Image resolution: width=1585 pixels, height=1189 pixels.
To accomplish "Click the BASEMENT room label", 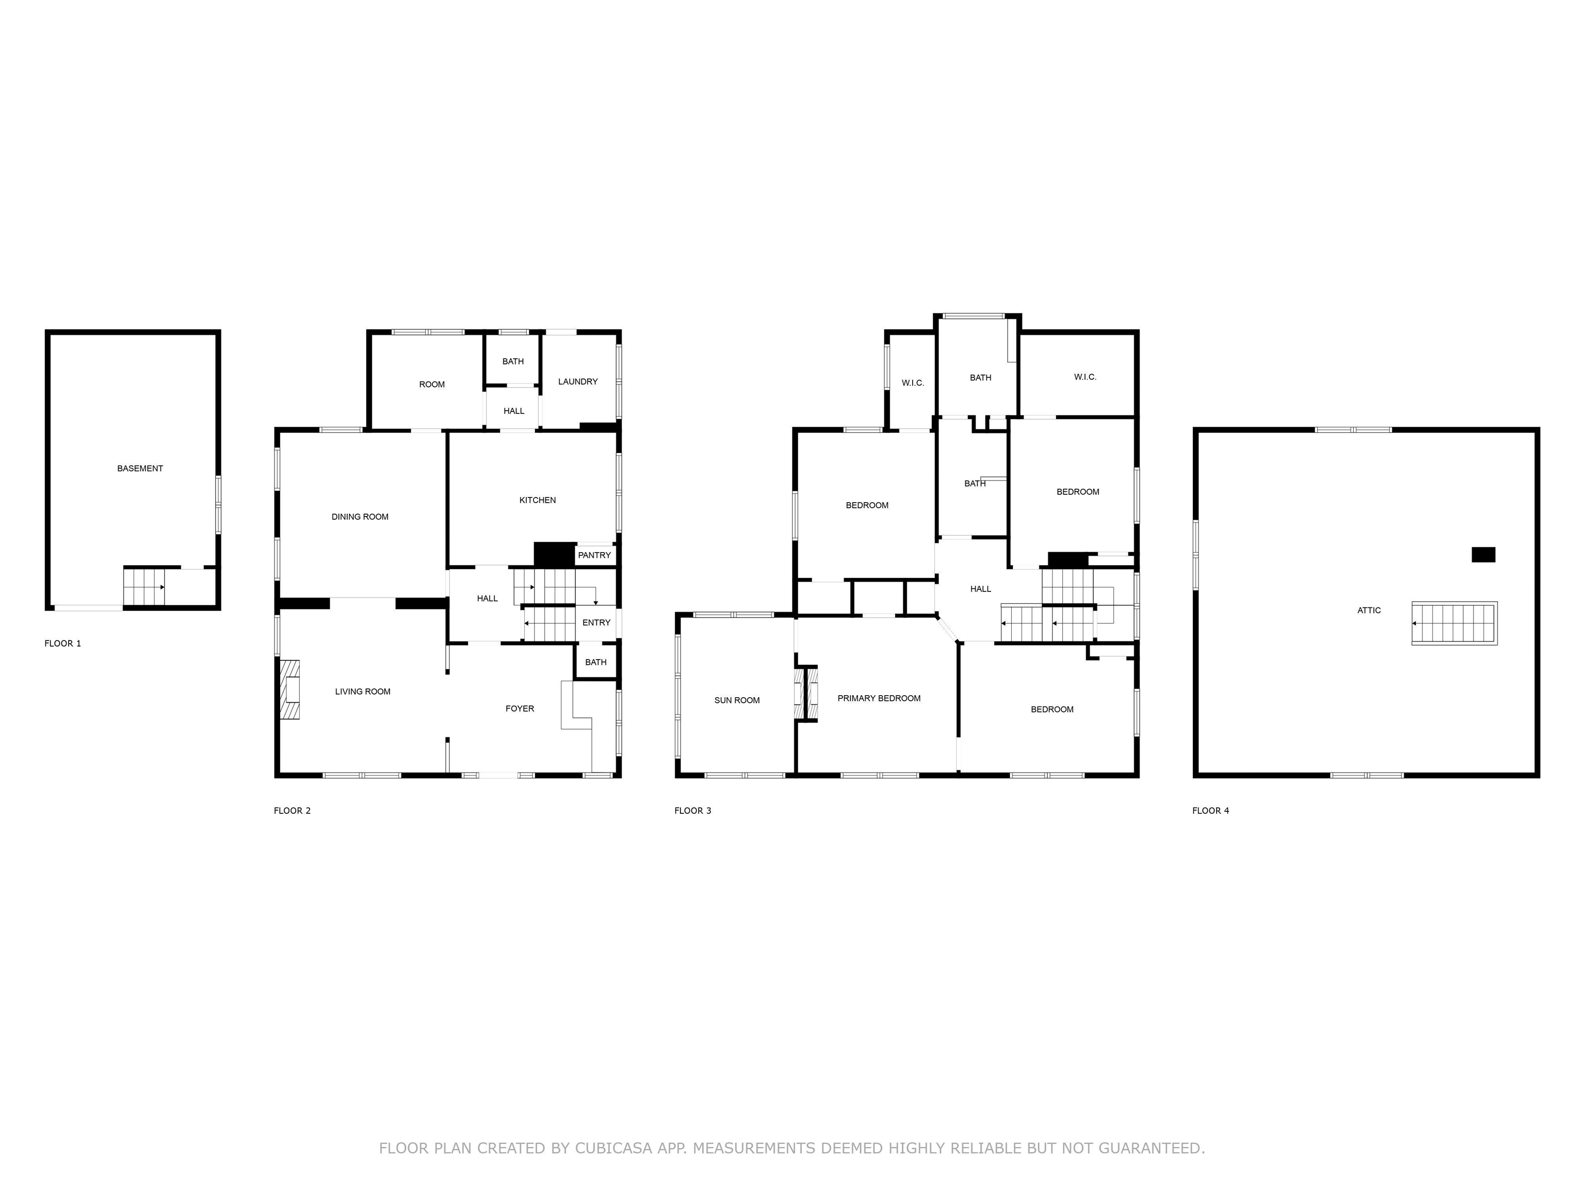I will [140, 469].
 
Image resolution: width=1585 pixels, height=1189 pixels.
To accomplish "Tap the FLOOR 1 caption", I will [62, 644].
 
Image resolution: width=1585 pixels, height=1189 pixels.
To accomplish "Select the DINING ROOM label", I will [360, 517].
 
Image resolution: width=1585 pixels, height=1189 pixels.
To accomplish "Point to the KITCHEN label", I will [538, 500].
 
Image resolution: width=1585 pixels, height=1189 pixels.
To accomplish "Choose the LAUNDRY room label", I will [577, 382].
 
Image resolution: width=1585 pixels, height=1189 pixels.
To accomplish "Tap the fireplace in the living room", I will [290, 689].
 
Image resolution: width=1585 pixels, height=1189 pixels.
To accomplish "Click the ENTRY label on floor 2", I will [596, 623].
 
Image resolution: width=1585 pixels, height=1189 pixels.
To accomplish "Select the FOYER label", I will [520, 709].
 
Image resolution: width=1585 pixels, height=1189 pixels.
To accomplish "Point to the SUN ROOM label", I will [737, 700].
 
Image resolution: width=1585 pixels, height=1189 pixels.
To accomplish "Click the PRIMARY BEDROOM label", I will [879, 698].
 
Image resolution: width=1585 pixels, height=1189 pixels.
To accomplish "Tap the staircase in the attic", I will [1454, 623].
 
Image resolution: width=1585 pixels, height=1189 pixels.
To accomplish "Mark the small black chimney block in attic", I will [1483, 555].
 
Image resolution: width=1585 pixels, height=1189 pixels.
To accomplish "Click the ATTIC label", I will [1369, 610].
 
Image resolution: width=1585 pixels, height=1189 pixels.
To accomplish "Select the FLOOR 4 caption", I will [1210, 811].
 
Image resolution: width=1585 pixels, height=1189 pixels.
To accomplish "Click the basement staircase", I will [144, 587].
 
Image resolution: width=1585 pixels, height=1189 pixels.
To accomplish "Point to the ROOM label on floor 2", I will [431, 385].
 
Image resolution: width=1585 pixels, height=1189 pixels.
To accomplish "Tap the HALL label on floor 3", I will [980, 589].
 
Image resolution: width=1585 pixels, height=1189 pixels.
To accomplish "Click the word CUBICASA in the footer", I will [613, 1148].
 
